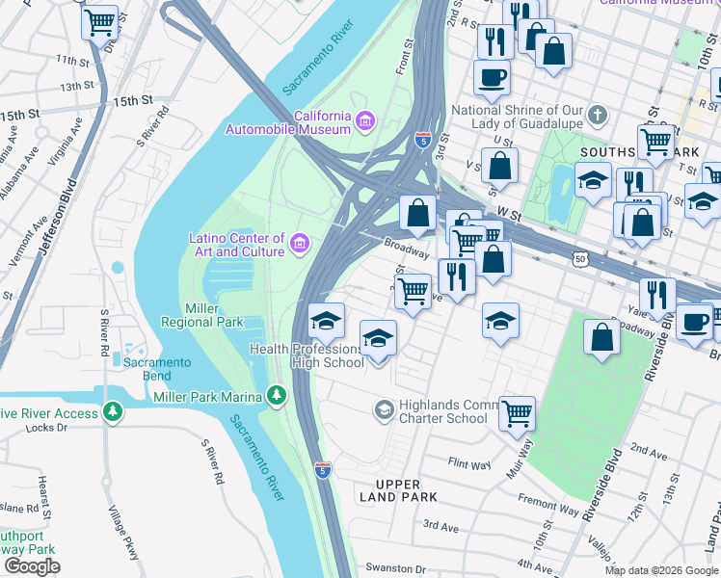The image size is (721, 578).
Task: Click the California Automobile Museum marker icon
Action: click(364, 120)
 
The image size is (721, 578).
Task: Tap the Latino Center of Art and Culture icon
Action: click(300, 244)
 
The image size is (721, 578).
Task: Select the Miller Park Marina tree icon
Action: click(277, 396)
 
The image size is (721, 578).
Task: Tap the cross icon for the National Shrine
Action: click(598, 117)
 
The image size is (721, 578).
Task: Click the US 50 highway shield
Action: click(578, 259)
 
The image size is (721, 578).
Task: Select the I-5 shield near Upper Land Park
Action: click(323, 470)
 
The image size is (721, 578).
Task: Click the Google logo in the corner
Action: click(32, 566)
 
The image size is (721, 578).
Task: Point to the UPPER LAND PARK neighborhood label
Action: click(399, 490)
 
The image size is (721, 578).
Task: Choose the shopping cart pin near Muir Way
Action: click(518, 413)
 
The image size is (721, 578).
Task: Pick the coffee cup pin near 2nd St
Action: click(492, 77)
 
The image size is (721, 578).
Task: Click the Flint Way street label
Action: click(469, 463)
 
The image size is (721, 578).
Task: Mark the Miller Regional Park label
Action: click(215, 315)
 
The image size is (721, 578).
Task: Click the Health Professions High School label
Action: click(307, 355)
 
